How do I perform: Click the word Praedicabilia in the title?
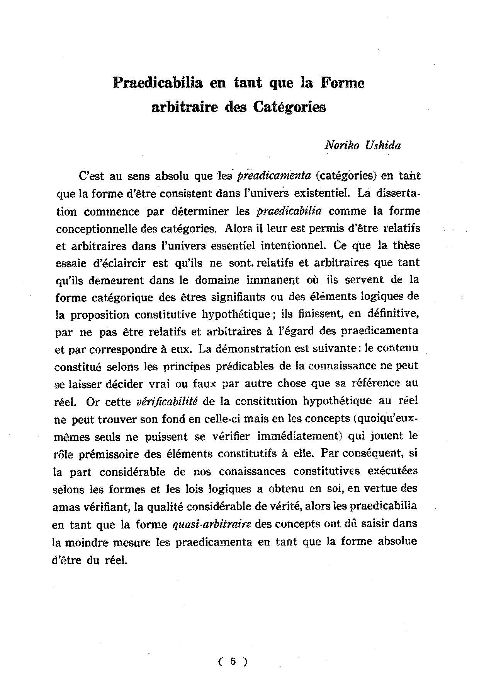(x=158, y=83)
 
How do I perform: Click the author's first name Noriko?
(x=341, y=145)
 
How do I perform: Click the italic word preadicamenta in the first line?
(x=273, y=176)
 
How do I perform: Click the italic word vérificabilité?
(x=167, y=401)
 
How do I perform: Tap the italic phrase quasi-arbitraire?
(x=210, y=524)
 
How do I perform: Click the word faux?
(x=204, y=383)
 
